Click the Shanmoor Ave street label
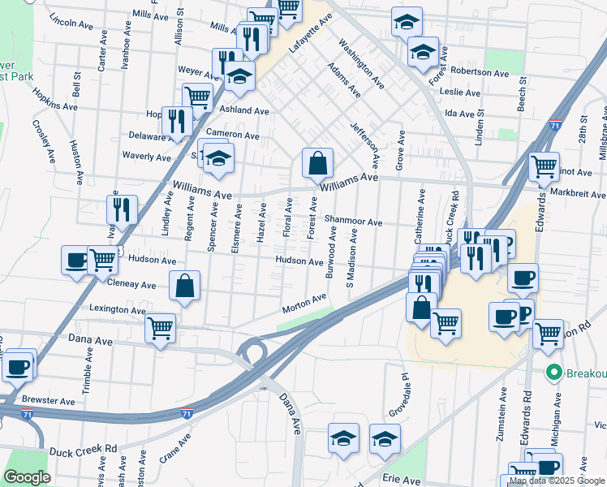coord(352,222)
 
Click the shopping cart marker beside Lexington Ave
coord(161,328)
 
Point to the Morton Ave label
coord(303,304)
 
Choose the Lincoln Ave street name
coord(71,23)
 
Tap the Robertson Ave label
coord(479,72)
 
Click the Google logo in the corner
coord(28,477)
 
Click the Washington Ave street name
coord(361,63)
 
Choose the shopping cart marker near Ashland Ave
coord(198,97)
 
